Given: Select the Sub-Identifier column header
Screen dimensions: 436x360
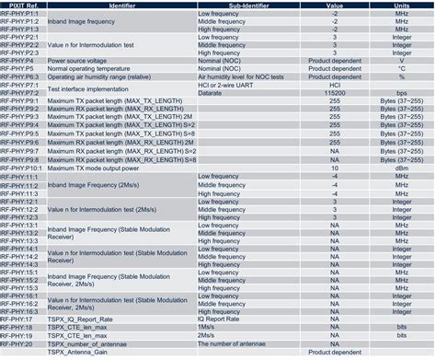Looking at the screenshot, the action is pos(247,6).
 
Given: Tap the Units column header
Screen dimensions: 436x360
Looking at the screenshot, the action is pos(401,6).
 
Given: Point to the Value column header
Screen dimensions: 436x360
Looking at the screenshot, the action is pos(334,6).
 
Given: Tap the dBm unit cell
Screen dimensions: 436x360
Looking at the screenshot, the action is pos(401,168).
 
